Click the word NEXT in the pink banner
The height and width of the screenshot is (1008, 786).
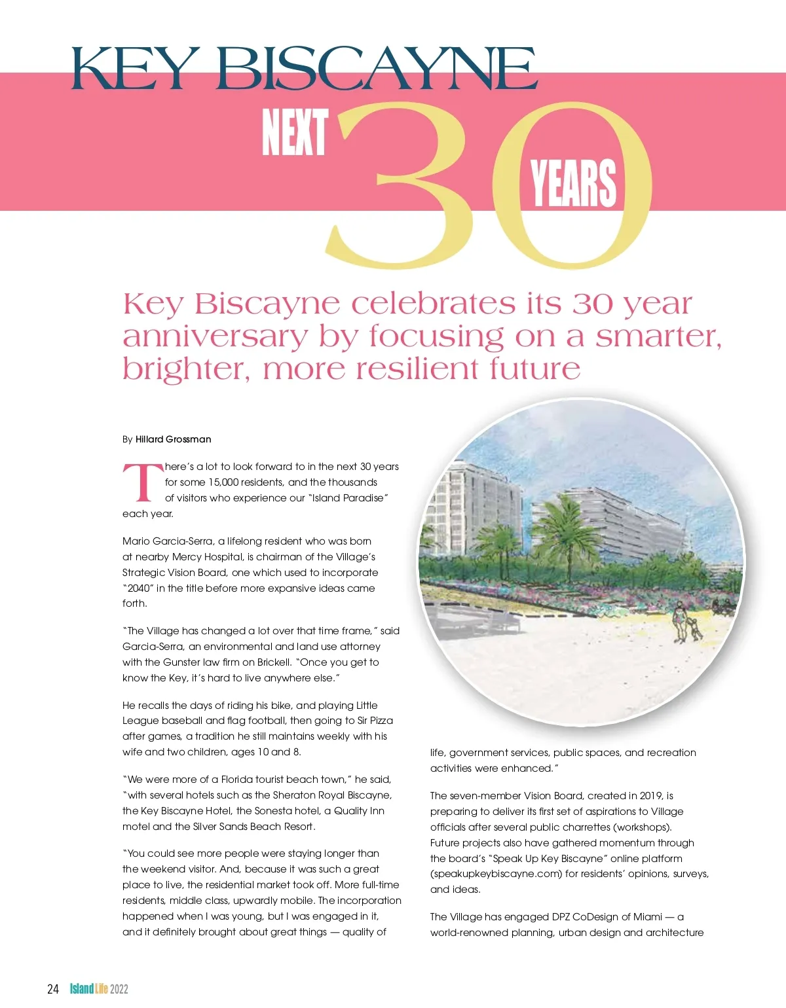pyautogui.click(x=294, y=132)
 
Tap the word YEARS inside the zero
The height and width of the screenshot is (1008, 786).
pyautogui.click(x=573, y=183)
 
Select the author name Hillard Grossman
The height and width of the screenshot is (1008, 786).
pyautogui.click(x=173, y=439)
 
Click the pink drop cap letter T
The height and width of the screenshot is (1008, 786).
pyautogui.click(x=142, y=483)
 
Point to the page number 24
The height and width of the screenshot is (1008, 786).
pyautogui.click(x=53, y=988)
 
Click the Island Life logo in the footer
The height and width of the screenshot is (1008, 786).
pyautogui.click(x=89, y=988)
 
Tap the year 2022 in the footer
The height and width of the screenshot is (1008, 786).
pyautogui.click(x=119, y=988)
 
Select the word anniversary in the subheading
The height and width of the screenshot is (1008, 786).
pyautogui.click(x=215, y=336)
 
